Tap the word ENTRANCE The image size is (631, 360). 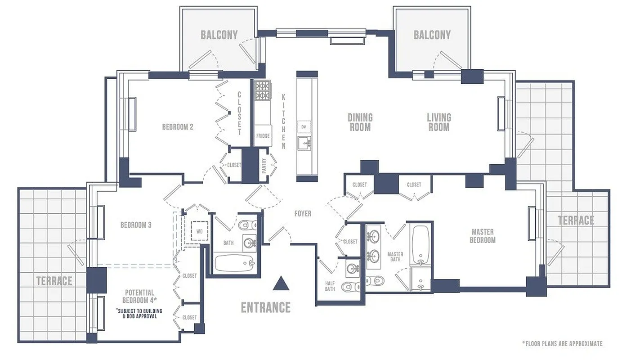tap(265, 307)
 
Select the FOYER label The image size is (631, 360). tap(303, 213)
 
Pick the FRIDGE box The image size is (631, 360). tap(263, 135)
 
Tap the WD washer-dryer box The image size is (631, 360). tap(199, 232)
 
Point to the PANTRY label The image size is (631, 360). tap(264, 166)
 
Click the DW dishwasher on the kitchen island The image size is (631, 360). tap(304, 127)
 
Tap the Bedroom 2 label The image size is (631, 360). tap(178, 127)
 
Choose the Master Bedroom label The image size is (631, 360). tap(483, 236)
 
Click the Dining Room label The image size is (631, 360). tap(360, 122)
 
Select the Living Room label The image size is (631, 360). tap(439, 122)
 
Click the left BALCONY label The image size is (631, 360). tap(219, 35)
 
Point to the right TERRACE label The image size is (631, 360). tap(576, 220)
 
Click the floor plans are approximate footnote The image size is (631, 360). tap(562, 344)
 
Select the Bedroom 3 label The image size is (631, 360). tap(136, 225)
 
